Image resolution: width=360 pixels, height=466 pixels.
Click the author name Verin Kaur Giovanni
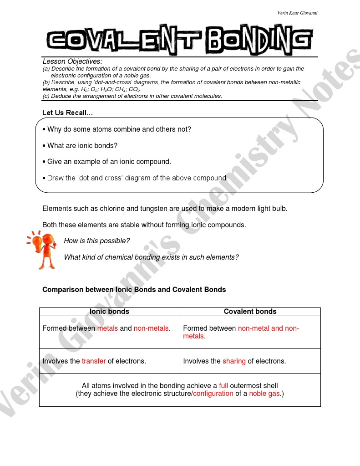click(x=297, y=13)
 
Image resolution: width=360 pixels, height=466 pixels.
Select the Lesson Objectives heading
click(x=72, y=61)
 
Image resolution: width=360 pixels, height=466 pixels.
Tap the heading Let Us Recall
click(x=68, y=113)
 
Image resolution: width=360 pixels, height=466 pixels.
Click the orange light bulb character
click(x=42, y=249)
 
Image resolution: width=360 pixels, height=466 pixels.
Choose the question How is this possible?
click(x=96, y=241)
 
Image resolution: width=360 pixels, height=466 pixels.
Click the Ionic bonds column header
click(x=109, y=312)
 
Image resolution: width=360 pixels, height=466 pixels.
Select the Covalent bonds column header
click(x=250, y=312)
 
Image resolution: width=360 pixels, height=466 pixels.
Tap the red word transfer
click(x=94, y=361)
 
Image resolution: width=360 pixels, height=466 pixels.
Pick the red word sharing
click(x=234, y=361)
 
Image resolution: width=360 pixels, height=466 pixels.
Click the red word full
click(x=223, y=385)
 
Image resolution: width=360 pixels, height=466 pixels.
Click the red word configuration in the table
click(x=213, y=394)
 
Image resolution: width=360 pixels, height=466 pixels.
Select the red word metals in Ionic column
click(x=107, y=328)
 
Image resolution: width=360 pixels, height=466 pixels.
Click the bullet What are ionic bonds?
click(x=82, y=146)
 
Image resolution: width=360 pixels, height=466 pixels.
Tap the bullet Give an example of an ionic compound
click(x=109, y=162)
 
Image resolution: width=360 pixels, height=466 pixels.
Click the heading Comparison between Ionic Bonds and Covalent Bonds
click(x=134, y=289)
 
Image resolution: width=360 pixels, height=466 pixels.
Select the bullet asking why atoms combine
click(x=119, y=129)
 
